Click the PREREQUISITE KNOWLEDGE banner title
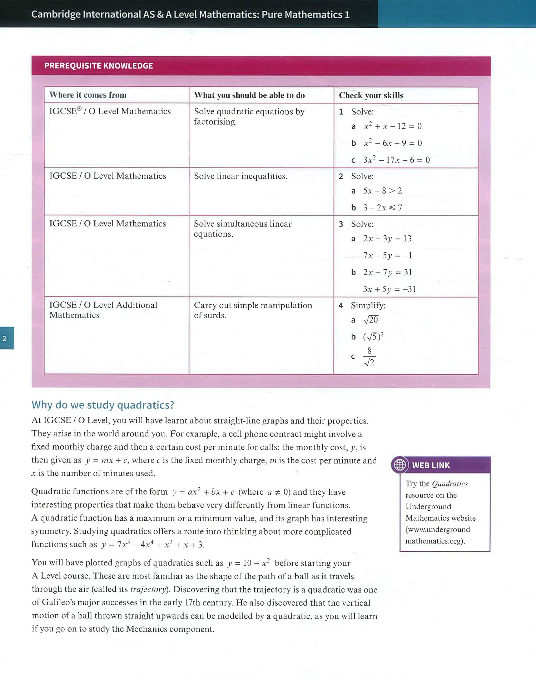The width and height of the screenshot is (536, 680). coord(99,66)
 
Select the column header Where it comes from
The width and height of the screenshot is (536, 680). coord(88,95)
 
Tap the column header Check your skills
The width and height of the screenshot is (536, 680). coord(371,95)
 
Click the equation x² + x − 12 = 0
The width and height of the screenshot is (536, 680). coord(392,126)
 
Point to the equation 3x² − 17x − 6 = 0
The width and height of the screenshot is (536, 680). coord(396,160)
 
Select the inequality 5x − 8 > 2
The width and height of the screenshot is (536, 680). coord(382,191)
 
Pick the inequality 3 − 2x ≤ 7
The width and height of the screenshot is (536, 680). coord(382,207)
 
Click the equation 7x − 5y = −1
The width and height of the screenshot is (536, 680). coord(387,255)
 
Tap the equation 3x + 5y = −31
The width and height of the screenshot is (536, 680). coord(389,289)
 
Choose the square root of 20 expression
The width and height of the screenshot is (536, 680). coord(371,320)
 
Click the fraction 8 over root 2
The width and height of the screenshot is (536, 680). coord(369,357)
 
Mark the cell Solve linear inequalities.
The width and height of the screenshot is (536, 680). coord(240,176)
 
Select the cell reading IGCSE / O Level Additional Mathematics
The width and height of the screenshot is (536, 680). coord(103,310)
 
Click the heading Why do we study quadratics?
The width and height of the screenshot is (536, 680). coord(103,405)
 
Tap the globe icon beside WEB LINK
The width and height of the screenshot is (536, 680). coord(399,465)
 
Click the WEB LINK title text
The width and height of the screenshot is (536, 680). coord(431,465)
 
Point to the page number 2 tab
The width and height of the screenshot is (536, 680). coord(5,338)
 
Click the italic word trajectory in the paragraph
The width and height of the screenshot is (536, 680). coord(148,589)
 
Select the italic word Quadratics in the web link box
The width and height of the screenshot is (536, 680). coord(450,484)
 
